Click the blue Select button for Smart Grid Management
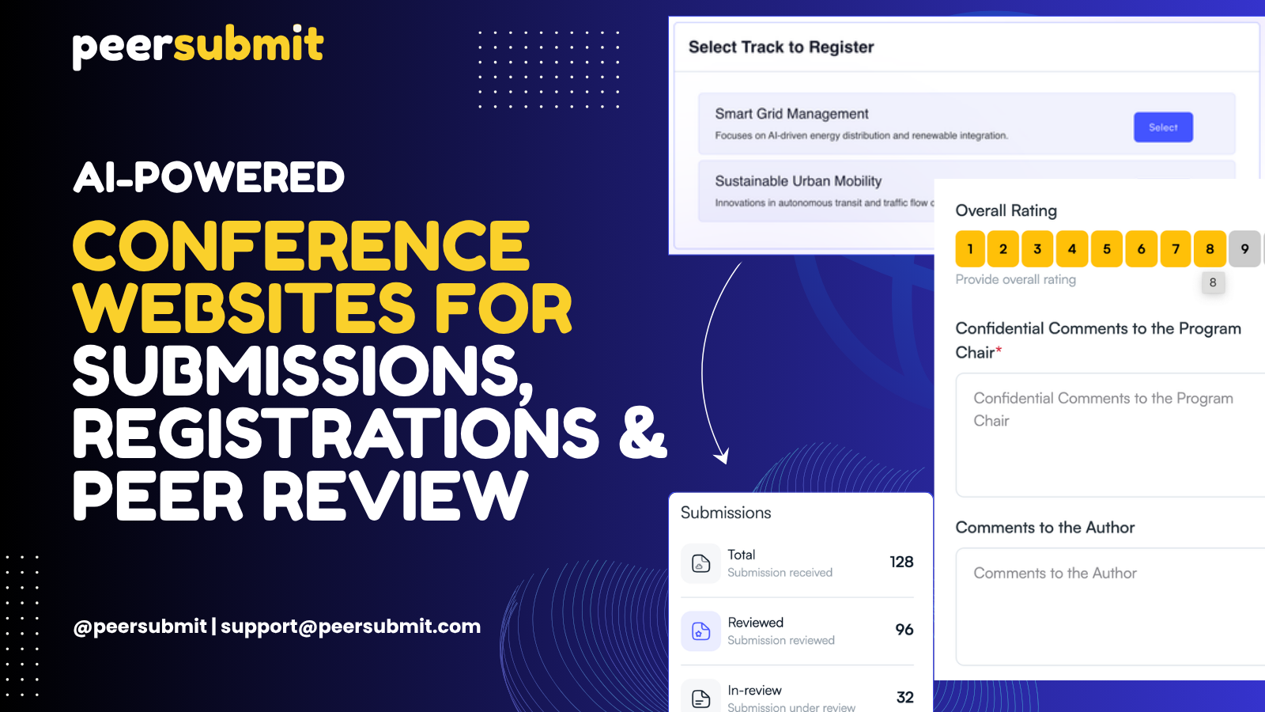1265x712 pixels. (x=1163, y=127)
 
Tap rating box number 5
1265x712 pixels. (x=1107, y=248)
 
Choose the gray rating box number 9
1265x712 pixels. (x=1244, y=248)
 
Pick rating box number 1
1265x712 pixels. (x=970, y=248)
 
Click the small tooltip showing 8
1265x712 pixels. (x=1213, y=282)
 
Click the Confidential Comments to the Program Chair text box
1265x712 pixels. (x=1110, y=435)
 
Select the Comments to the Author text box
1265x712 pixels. (x=1110, y=607)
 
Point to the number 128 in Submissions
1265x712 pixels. (x=901, y=562)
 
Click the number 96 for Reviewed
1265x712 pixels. (x=904, y=630)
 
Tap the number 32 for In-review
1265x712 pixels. (x=904, y=697)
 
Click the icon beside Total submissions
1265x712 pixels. (x=700, y=563)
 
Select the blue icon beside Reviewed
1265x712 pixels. (x=700, y=631)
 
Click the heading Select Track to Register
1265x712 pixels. (x=781, y=47)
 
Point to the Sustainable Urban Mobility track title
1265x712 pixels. (x=798, y=181)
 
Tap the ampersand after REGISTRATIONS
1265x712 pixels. (x=644, y=432)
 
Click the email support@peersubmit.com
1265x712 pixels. (x=351, y=626)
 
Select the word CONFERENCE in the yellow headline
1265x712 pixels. (x=301, y=246)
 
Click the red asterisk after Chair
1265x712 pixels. (x=999, y=350)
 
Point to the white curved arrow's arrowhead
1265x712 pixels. (x=722, y=456)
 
